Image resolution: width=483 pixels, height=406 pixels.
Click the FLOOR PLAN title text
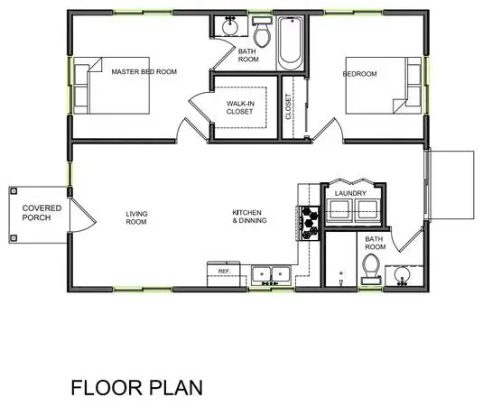point(136,388)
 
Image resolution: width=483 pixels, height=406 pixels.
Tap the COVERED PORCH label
point(42,213)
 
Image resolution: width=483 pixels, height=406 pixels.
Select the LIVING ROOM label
point(136,217)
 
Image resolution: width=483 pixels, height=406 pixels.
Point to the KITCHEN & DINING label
point(249,217)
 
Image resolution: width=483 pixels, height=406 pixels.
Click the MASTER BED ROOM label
point(144,71)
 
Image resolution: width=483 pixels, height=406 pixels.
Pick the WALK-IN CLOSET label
point(240,107)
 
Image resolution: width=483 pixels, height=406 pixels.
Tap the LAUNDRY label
point(350,193)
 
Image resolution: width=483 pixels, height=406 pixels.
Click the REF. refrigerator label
point(224,272)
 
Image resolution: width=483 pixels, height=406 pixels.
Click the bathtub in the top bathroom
point(290,43)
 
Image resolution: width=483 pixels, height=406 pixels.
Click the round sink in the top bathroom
point(230,26)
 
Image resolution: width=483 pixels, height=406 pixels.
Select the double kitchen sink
point(271,275)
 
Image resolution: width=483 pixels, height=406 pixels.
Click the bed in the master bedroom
point(112,86)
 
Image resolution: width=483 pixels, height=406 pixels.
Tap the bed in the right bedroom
point(384,86)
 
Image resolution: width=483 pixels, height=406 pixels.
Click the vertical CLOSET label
point(288,106)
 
